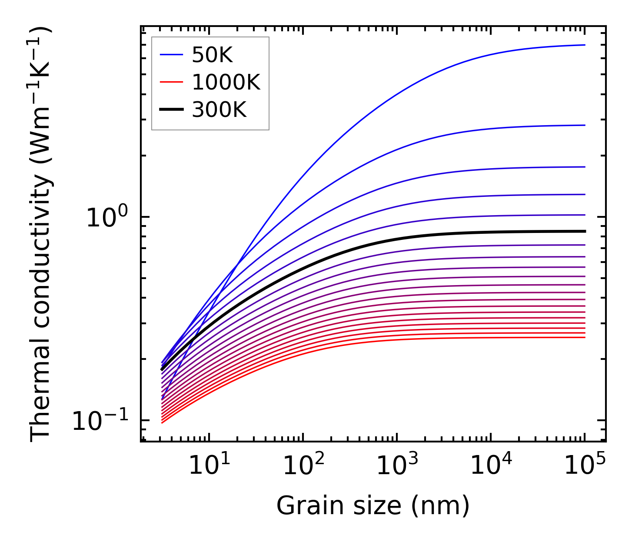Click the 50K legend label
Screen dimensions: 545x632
(x=212, y=55)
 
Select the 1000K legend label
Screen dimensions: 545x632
(x=226, y=83)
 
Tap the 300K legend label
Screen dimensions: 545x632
(x=219, y=110)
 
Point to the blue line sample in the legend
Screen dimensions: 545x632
(x=172, y=55)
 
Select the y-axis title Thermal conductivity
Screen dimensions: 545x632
(x=41, y=235)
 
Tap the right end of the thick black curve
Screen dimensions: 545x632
(x=585, y=231)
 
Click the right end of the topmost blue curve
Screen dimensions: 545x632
(x=585, y=45)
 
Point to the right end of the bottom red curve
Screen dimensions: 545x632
(x=585, y=338)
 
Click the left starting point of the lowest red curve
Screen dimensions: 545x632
(x=162, y=422)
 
